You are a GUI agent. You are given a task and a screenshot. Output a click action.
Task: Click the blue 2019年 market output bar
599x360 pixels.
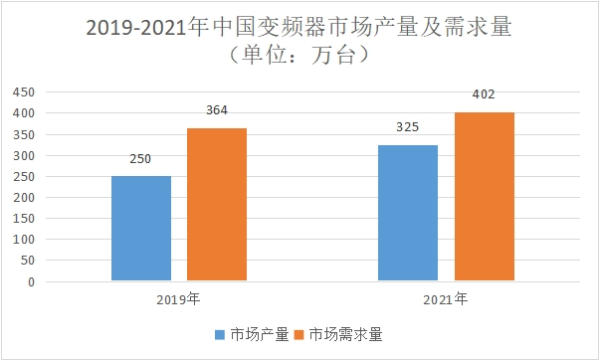(141, 229)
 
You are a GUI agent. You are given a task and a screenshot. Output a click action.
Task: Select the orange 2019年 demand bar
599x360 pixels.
(217, 205)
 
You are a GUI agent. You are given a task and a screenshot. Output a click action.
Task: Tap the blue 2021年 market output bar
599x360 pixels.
(408, 213)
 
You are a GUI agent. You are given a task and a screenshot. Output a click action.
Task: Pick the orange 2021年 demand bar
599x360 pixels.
(485, 197)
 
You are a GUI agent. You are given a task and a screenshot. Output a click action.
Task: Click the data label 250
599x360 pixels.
(141, 159)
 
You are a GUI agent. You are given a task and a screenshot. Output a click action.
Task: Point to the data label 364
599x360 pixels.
(217, 110)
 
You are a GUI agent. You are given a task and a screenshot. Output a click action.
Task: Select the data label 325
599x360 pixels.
(408, 127)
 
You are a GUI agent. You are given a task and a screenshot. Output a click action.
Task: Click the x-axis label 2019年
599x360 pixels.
(179, 298)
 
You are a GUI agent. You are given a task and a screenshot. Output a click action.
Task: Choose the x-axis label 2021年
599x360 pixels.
(446, 298)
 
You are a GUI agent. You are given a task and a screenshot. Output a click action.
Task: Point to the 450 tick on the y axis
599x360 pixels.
(24, 92)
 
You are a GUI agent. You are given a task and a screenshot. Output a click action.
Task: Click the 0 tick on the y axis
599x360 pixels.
(31, 282)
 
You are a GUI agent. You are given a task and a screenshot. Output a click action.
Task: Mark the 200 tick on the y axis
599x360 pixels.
(24, 198)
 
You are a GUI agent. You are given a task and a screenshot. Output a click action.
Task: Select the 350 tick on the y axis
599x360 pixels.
(24, 134)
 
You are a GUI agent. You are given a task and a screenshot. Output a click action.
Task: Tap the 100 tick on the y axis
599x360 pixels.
(24, 240)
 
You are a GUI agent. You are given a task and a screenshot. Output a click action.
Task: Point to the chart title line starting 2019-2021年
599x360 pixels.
(299, 27)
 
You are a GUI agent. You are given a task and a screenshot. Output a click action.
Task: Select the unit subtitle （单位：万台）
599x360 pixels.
(299, 57)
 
